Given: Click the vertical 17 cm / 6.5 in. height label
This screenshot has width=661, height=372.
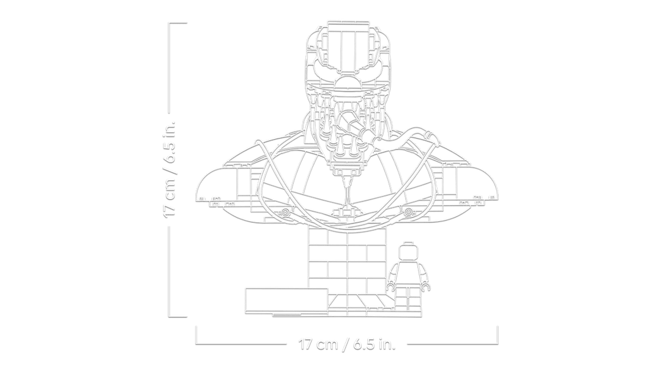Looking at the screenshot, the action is tap(170, 169).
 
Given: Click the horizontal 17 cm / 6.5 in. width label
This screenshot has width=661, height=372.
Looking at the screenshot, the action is tap(348, 344).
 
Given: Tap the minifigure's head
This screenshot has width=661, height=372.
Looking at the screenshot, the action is tap(408, 253).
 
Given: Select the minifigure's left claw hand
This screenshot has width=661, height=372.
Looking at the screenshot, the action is tap(390, 287).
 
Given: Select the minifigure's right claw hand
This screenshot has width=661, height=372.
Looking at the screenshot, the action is tap(426, 287).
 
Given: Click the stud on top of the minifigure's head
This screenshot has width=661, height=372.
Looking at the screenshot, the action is tap(408, 243).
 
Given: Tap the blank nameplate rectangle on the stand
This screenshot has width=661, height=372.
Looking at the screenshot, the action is tap(286, 300).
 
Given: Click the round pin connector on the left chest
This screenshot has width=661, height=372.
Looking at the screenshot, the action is tap(285, 213).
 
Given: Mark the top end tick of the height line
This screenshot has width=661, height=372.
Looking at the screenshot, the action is tap(178, 23).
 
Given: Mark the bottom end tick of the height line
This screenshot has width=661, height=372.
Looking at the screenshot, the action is tap(178, 316).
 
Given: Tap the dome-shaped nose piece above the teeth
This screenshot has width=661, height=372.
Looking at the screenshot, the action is tap(347, 81).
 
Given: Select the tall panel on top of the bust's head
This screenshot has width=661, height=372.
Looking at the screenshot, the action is tap(348, 47).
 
